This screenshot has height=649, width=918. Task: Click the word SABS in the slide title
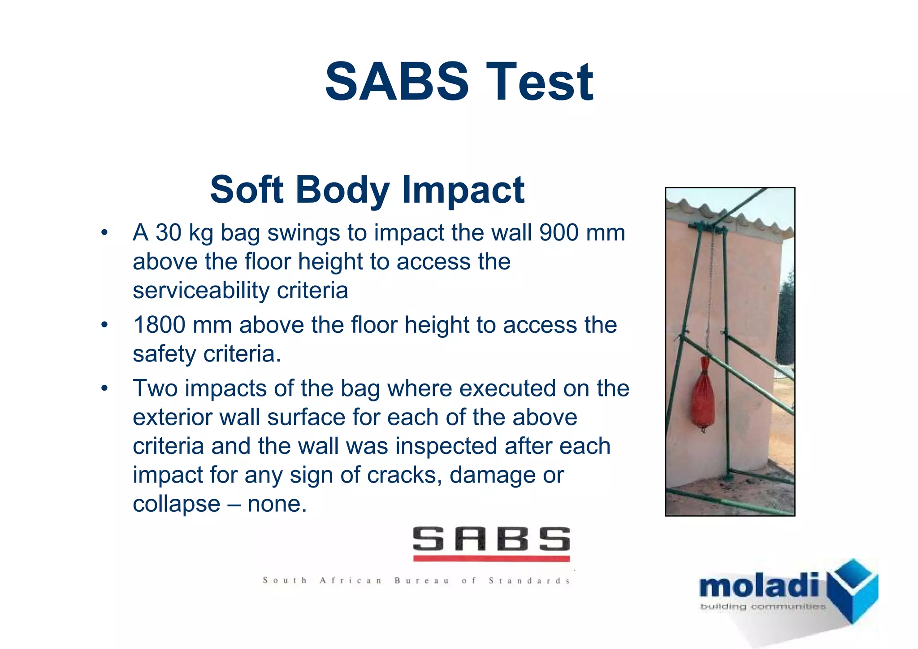396,82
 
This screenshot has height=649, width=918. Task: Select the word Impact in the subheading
463,190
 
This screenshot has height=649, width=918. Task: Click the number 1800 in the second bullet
159,325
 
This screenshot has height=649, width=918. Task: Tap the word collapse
176,504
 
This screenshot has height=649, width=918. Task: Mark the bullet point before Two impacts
104,388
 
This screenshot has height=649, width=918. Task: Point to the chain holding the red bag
710,296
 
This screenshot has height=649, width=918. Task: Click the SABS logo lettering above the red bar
491,539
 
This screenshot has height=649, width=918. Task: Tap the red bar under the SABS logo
491,558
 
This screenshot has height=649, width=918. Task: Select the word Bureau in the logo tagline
421,581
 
